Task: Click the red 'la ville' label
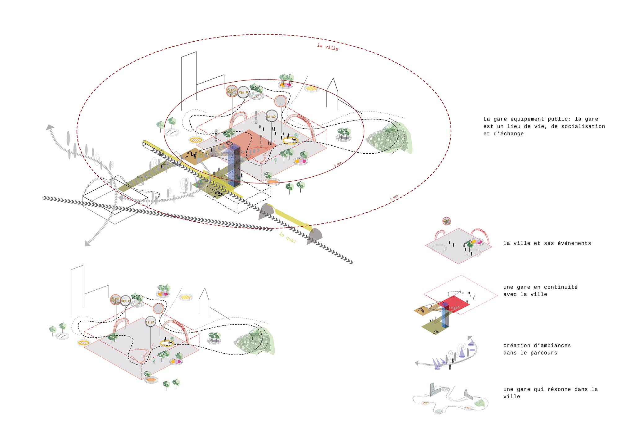(x=328, y=47)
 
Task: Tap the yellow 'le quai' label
(x=287, y=238)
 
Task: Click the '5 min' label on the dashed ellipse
(x=394, y=197)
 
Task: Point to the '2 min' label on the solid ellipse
(x=338, y=164)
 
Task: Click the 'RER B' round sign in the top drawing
(x=243, y=92)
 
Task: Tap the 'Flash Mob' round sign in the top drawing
(x=232, y=91)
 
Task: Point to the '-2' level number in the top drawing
(x=192, y=154)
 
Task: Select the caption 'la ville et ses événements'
(x=547, y=243)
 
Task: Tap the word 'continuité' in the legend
(x=561, y=287)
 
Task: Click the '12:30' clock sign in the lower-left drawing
(x=150, y=322)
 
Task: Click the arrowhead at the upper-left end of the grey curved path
(x=50, y=127)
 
